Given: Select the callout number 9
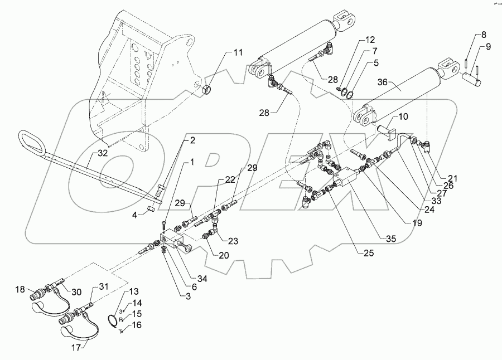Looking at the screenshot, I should pos(488,47).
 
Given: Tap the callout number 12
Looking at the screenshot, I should pos(371,40).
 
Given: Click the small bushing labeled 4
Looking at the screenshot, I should pos(149,210).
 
